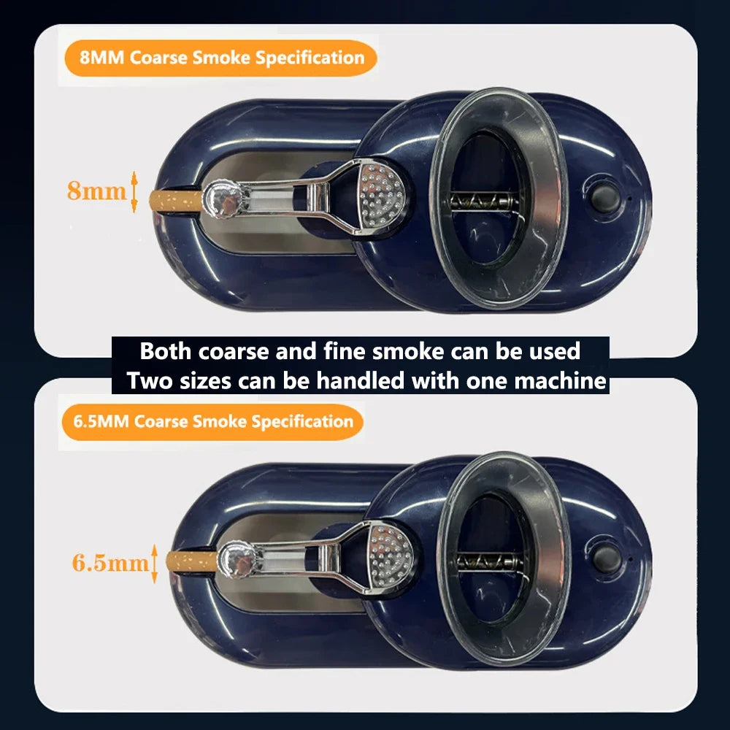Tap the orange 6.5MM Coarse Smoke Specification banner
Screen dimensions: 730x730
(x=212, y=421)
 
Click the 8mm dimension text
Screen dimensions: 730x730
(x=96, y=191)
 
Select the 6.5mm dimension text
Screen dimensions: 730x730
(x=110, y=563)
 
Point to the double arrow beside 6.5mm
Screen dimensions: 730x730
(x=154, y=563)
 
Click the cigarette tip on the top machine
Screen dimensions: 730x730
(x=171, y=201)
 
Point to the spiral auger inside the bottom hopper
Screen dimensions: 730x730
(x=483, y=561)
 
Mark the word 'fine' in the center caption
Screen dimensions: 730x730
(x=345, y=351)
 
